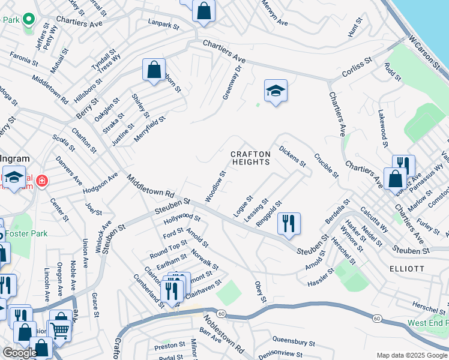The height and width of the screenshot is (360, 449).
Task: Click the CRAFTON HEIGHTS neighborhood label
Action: [252, 158]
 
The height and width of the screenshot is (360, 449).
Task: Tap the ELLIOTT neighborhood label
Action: [406, 268]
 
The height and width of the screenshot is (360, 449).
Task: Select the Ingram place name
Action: [14, 158]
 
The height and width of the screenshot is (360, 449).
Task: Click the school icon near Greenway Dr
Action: [276, 91]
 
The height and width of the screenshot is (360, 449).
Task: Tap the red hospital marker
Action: [41, 181]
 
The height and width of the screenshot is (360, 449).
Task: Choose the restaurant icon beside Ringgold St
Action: [289, 224]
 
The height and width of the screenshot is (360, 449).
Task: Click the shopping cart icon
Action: [59, 329]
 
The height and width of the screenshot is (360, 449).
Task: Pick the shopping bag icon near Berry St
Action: [154, 70]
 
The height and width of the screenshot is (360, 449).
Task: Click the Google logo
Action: [20, 353]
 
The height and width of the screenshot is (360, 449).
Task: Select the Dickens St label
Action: [293, 155]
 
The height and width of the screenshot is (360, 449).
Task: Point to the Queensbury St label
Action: [294, 342]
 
